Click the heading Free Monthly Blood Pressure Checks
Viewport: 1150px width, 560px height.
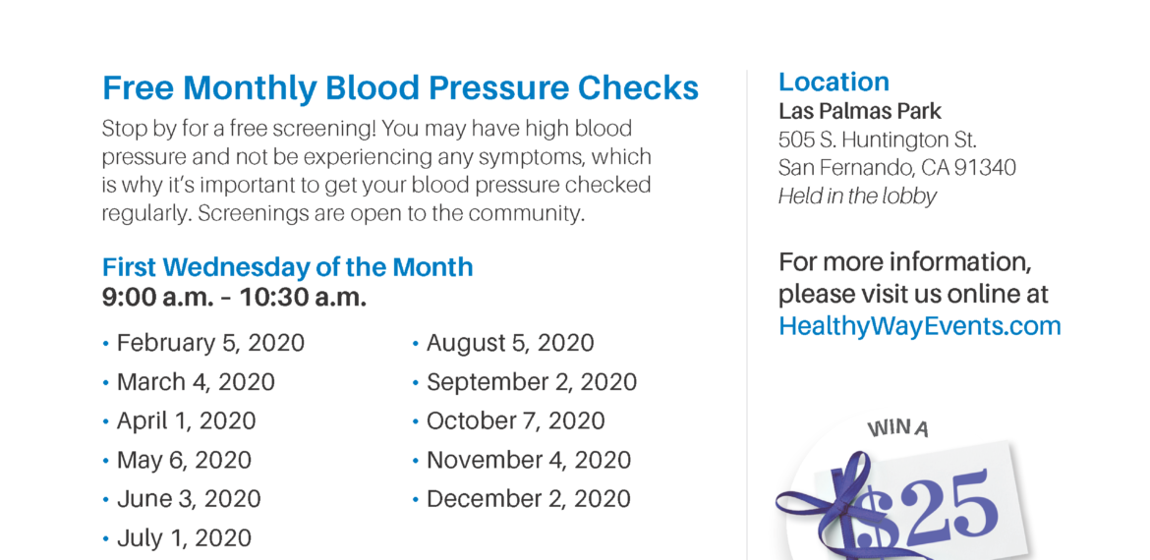click(400, 88)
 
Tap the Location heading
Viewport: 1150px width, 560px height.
click(834, 82)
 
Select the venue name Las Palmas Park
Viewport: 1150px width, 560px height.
click(860, 111)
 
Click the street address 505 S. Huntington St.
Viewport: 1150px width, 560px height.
click(877, 140)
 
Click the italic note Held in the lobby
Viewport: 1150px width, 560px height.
click(857, 196)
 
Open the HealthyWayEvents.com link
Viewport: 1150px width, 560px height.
click(920, 325)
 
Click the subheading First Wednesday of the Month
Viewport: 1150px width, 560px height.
click(287, 267)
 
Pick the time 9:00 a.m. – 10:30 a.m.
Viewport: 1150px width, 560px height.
click(234, 299)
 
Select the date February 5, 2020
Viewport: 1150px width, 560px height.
click(210, 343)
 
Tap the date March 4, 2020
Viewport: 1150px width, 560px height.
click(196, 382)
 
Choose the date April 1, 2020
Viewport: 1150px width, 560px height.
click(187, 420)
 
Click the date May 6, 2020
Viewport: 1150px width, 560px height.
click(184, 461)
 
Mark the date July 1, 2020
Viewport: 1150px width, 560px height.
click(184, 538)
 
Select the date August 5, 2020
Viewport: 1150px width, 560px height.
click(510, 343)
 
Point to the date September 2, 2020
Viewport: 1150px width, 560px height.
click(532, 382)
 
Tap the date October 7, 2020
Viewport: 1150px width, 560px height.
click(516, 420)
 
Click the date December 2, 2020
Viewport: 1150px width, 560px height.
click(529, 499)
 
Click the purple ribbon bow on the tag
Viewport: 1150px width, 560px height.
click(843, 507)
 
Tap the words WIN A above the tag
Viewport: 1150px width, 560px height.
click(898, 428)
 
